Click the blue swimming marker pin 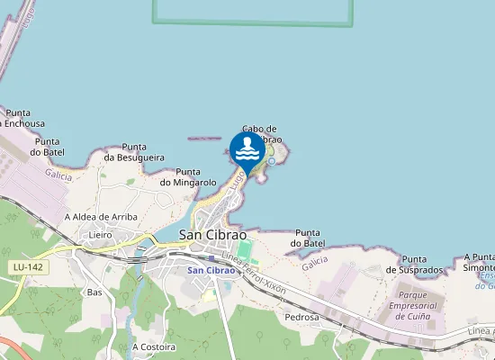(247, 149)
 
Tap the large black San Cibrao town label (213, 234)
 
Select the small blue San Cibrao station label (211, 270)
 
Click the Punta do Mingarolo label (188, 177)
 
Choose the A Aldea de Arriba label (99, 217)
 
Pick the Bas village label (94, 292)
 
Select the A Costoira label (152, 346)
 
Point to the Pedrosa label (301, 317)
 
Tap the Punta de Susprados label (415, 265)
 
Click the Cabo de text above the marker (259, 129)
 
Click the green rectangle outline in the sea (252, 22)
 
